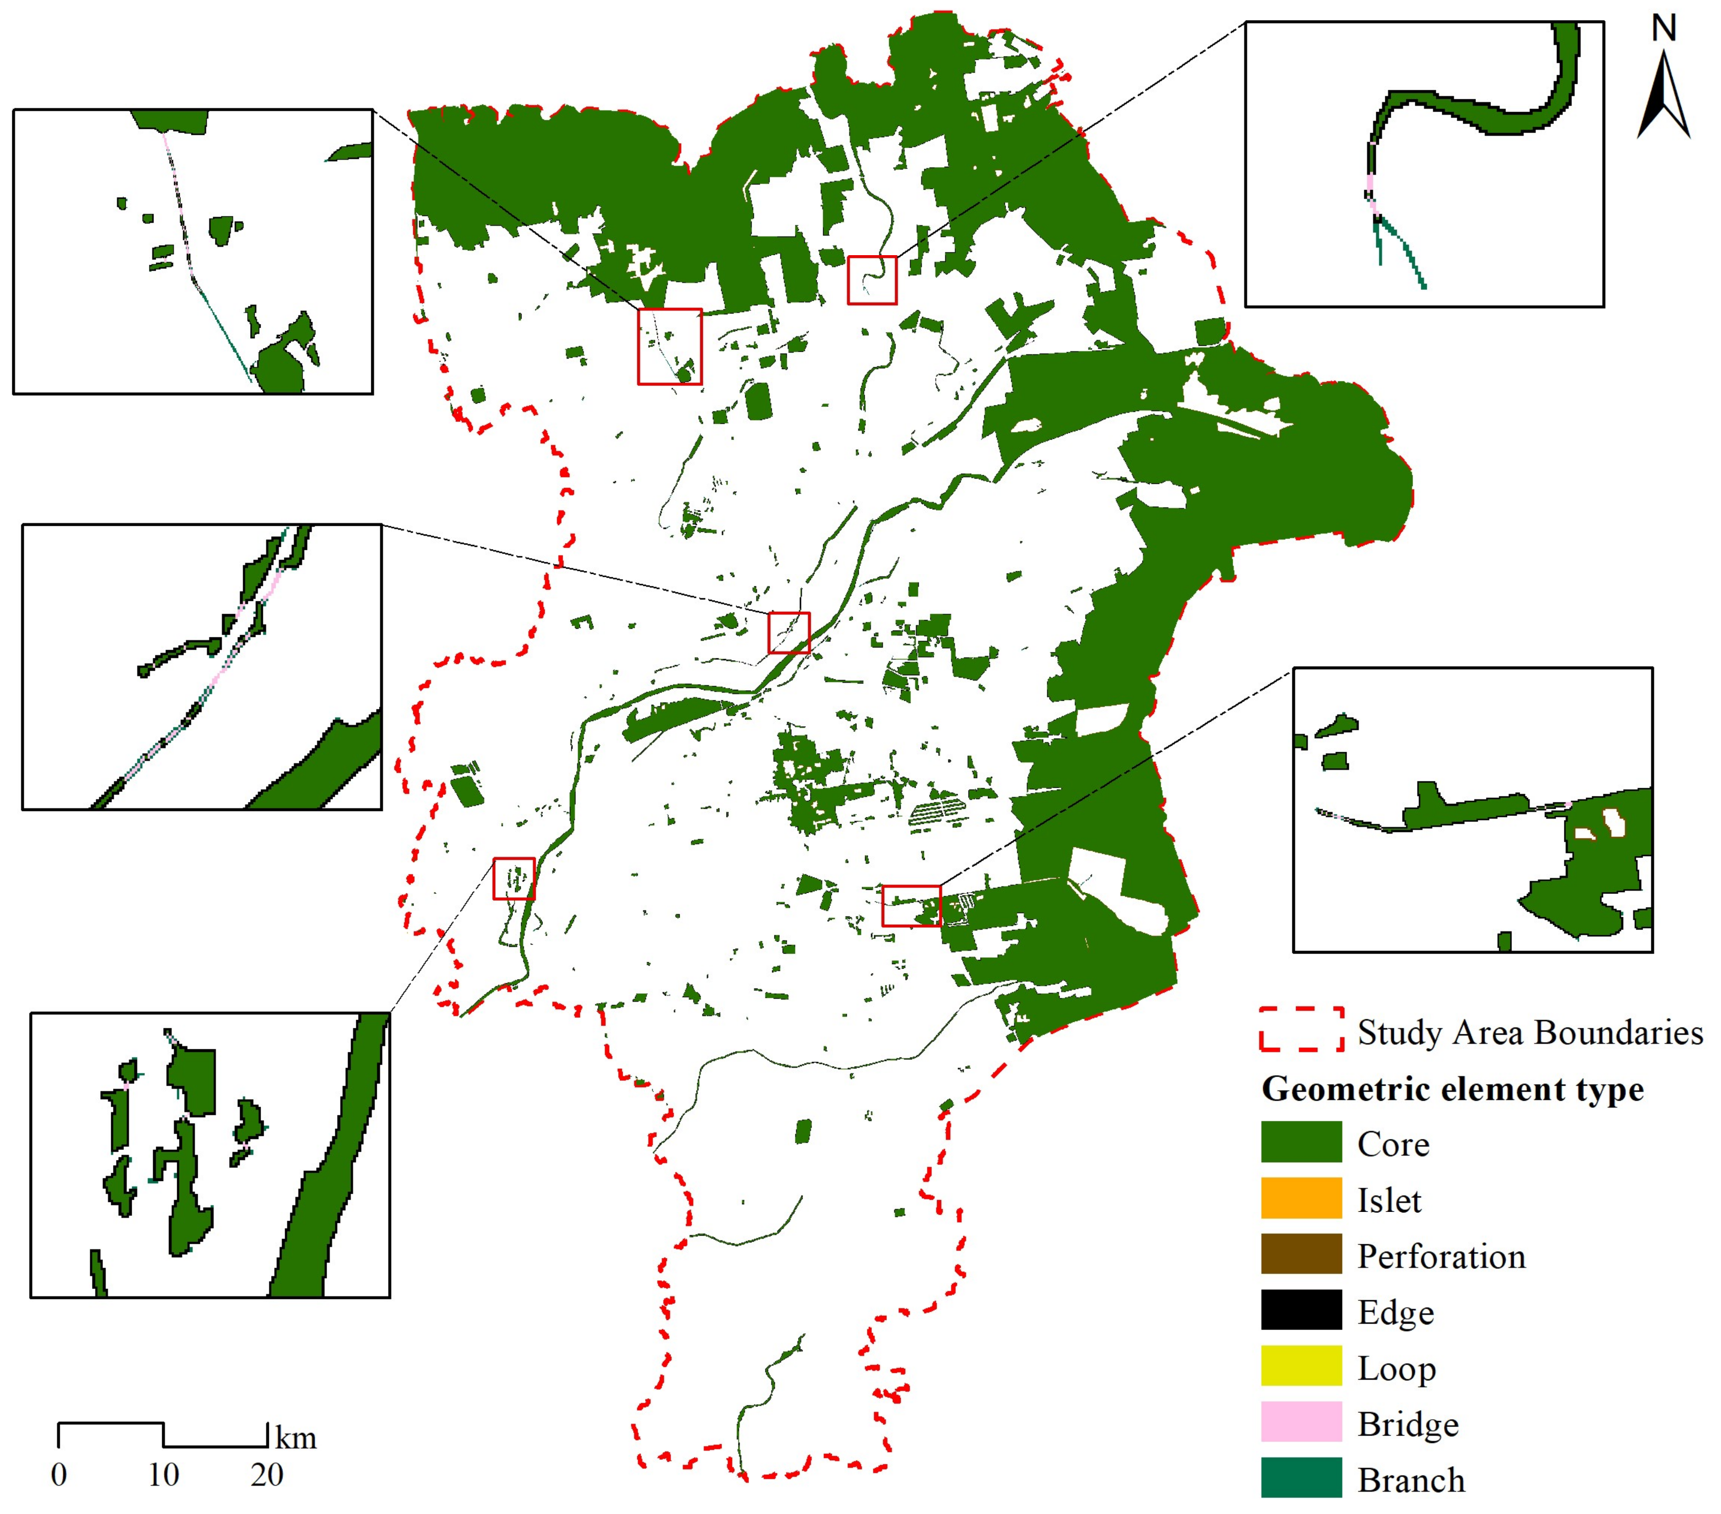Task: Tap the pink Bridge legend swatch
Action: point(1301,1423)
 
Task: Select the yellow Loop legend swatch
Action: point(1301,1367)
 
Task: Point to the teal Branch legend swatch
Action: point(1301,1478)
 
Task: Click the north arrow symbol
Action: point(1663,97)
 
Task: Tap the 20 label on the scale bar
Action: point(267,1474)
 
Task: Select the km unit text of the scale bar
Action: point(296,1438)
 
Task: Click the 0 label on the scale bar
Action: point(58,1474)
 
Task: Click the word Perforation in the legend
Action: point(1441,1256)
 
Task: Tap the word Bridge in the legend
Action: point(1408,1424)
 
